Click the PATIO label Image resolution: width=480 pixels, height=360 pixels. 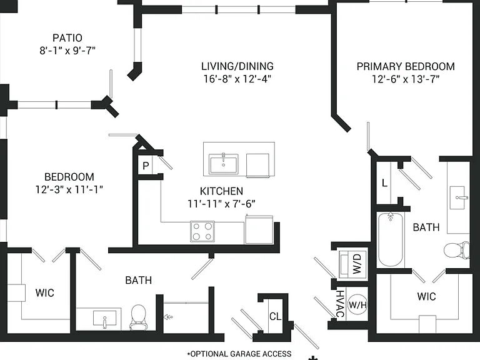click(67, 38)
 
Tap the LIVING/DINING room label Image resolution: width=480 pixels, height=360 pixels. click(237, 66)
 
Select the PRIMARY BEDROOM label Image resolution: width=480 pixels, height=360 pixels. click(406, 66)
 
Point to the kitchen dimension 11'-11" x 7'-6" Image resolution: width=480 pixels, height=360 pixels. click(221, 204)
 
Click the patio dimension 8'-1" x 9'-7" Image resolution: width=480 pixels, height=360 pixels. click(67, 50)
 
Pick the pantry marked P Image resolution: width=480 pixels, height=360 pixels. click(146, 166)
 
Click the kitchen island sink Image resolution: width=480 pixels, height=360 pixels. click(224, 164)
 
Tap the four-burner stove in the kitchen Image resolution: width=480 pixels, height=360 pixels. click(202, 231)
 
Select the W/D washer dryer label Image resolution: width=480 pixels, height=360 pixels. click(357, 264)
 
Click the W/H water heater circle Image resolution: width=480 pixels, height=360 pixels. click(357, 304)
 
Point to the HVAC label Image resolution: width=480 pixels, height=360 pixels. click(340, 304)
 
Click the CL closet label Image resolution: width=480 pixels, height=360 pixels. click(275, 316)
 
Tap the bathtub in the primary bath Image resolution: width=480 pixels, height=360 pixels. click(390, 239)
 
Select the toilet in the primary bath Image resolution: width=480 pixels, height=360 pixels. click(456, 251)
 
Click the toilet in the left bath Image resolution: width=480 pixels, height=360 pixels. click(138, 317)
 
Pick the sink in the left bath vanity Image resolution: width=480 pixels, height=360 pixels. click(104, 319)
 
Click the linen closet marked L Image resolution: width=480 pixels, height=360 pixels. click(384, 183)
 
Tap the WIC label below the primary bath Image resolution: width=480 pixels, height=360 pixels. click(426, 296)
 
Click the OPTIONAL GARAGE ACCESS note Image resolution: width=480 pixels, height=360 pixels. click(239, 354)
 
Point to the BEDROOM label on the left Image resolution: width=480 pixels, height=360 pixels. click(69, 177)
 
